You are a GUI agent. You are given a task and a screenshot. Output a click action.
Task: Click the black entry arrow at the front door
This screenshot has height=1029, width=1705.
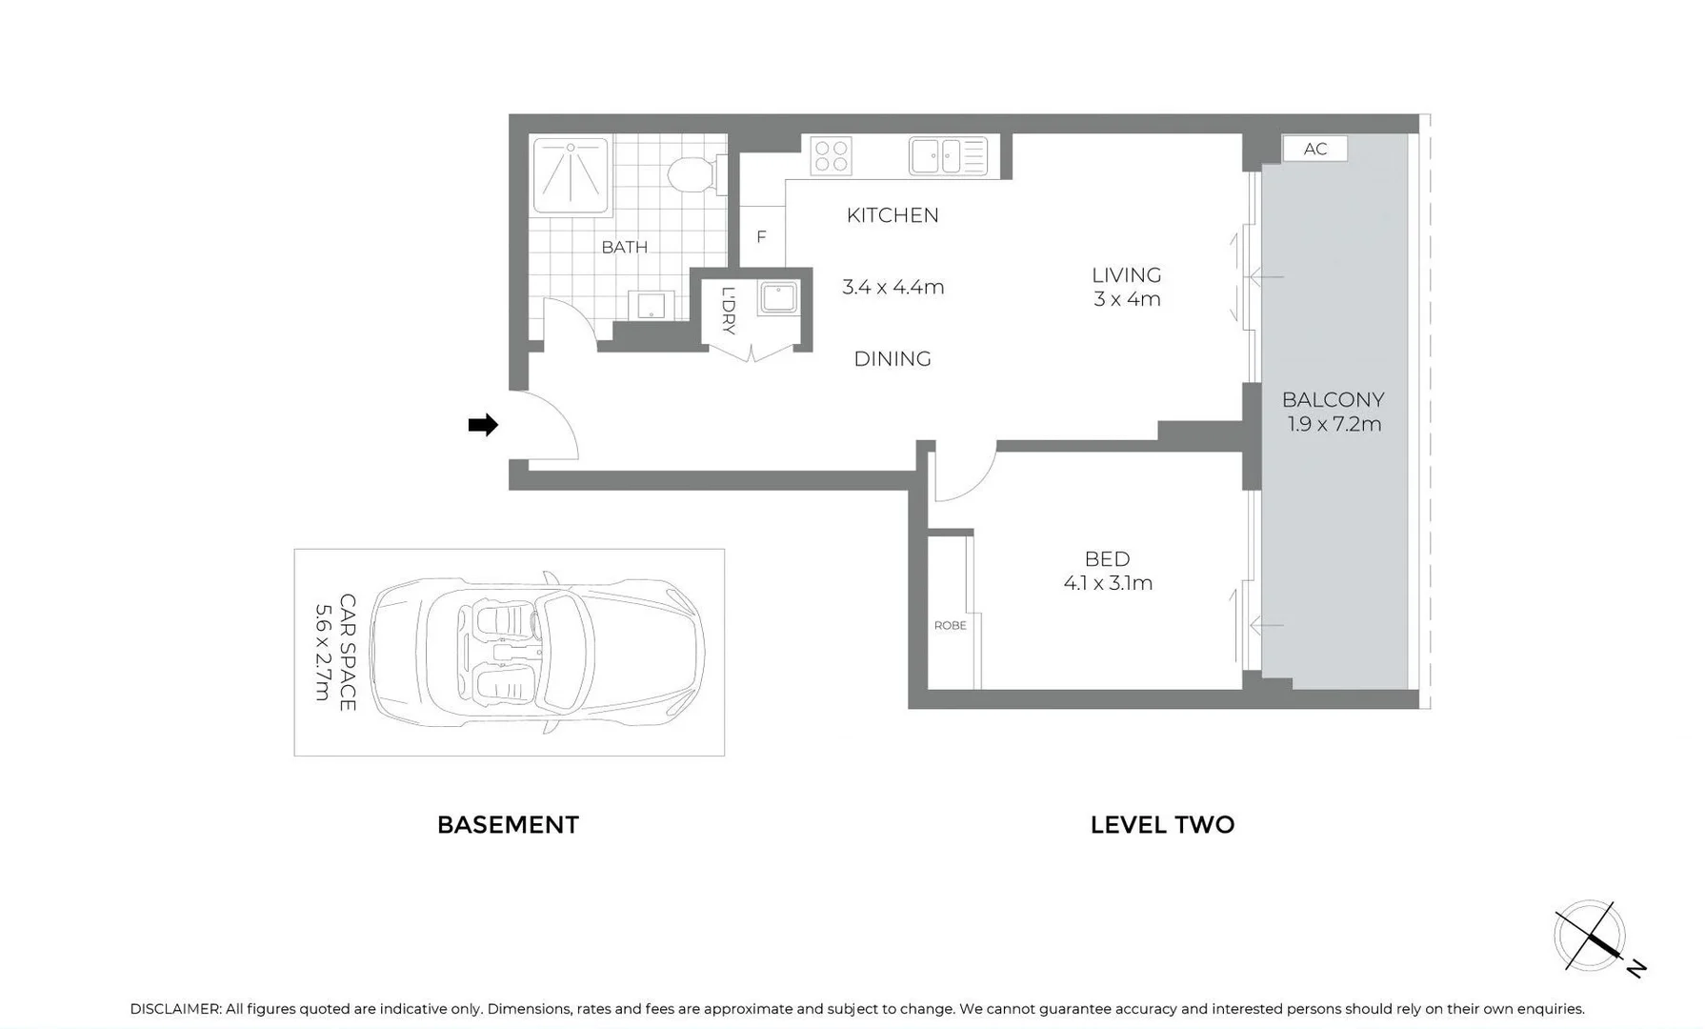coord(483,425)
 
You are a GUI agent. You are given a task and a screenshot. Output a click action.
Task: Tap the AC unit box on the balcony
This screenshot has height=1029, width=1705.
coord(1314,149)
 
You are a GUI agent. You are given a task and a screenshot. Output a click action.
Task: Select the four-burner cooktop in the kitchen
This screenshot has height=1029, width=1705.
coord(831,156)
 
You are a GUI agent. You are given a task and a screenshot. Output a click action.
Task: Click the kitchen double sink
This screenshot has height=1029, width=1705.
coord(948,156)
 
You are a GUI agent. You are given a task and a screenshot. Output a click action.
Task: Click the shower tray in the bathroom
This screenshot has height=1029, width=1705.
coord(571,176)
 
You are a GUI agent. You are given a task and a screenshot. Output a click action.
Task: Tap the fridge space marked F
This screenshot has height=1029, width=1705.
coord(761,236)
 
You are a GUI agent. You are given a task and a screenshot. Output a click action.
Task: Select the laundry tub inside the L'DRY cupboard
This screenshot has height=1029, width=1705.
coord(778,297)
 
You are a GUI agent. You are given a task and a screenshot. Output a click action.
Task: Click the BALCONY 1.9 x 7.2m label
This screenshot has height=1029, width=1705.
coord(1333,412)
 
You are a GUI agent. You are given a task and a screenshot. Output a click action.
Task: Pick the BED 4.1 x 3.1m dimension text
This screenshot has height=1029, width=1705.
coord(1108,582)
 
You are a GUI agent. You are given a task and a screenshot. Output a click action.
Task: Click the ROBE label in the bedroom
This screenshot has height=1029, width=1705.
coord(950,625)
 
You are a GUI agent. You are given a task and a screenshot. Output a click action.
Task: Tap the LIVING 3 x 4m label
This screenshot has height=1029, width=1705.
coord(1126,287)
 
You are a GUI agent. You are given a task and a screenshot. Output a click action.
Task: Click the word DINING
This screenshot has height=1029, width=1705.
coord(892,359)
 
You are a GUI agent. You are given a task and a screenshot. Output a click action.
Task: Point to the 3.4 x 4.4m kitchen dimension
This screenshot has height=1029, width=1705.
coord(893,287)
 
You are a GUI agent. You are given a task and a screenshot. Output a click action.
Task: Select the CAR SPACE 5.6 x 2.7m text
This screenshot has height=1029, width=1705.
coord(335,652)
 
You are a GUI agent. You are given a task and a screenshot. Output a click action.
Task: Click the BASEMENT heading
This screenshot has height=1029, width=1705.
coord(508,824)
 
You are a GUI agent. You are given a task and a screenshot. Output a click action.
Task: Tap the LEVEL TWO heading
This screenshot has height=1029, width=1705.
coord(1162,824)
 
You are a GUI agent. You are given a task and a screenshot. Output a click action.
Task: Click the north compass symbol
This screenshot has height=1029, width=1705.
coord(1591,937)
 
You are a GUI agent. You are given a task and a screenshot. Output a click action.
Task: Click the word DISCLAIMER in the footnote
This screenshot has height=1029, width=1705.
coord(175,1009)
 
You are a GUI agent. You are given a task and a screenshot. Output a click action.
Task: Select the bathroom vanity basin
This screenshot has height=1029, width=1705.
coord(652,306)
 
